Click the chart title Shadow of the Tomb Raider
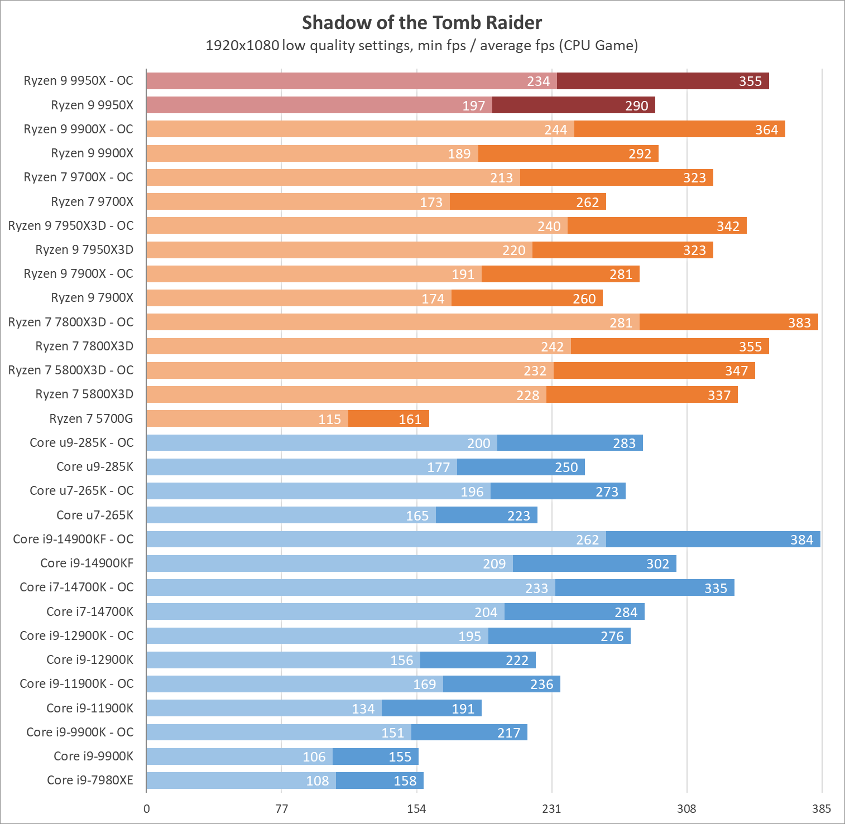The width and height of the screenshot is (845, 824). pos(422,23)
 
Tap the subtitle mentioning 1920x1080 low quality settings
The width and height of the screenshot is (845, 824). pos(422,45)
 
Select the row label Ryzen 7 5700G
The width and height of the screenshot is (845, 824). pos(91,418)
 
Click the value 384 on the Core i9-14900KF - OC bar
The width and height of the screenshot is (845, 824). pos(801,539)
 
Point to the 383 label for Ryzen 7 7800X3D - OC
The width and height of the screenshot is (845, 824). pos(799,322)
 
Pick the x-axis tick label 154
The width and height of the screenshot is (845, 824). pos(416,809)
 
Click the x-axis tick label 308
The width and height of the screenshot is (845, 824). pos(686,809)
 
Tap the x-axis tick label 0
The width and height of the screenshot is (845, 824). pos(147,809)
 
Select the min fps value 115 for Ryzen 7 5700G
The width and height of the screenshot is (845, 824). pos(329,419)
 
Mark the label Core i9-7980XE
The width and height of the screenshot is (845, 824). pos(90,780)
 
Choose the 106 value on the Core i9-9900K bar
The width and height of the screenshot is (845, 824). pos(314,756)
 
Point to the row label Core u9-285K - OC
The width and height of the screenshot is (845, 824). pos(81,442)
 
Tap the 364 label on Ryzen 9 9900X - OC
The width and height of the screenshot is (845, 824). pos(766,129)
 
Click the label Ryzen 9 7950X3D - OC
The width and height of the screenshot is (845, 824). pos(71,225)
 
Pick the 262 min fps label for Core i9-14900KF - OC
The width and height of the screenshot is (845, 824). pos(587,539)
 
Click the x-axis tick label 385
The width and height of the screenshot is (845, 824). pos(822,809)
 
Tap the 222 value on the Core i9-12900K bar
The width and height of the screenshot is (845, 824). pos(517,660)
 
